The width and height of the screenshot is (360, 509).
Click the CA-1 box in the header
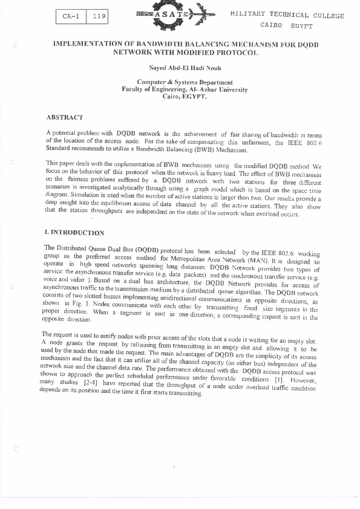(71, 17)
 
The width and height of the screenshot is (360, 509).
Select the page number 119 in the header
(97, 17)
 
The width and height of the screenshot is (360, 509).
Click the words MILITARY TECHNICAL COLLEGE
(287, 15)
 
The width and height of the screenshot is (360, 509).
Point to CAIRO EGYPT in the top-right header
(286, 26)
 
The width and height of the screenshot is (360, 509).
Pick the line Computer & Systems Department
(185, 82)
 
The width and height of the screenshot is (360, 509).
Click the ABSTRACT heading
(65, 117)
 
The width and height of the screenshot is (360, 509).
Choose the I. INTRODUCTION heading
(74, 233)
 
